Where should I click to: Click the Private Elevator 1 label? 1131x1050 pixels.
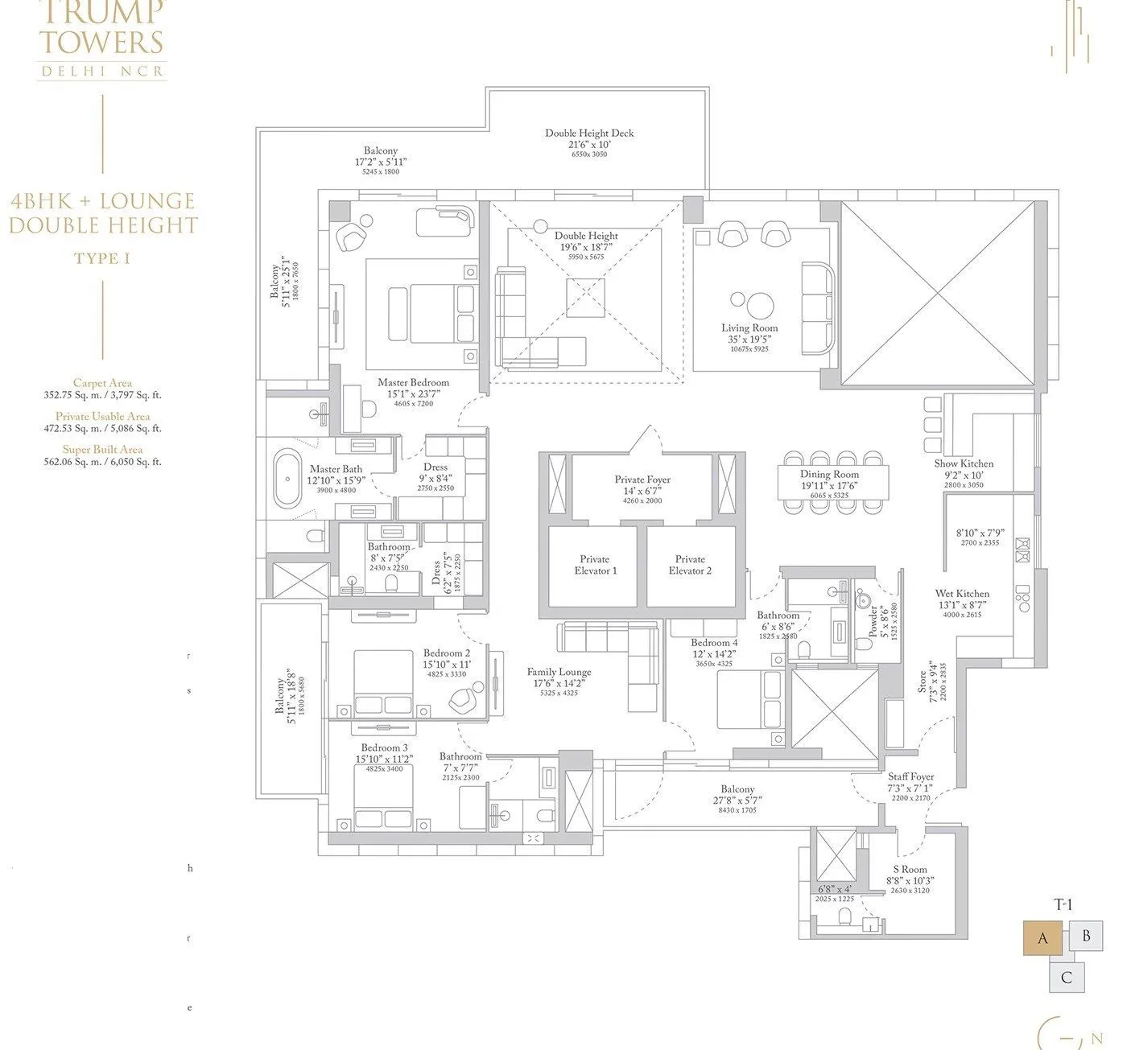pos(594,565)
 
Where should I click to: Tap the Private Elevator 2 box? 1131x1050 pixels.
pos(691,566)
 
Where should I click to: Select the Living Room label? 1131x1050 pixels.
pos(749,328)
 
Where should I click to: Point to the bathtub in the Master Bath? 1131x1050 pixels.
pos(287,480)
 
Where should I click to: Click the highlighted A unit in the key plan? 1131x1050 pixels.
pos(1043,938)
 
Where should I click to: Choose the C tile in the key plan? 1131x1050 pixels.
pos(1067,978)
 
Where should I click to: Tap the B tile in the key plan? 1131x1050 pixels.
pos(1086,937)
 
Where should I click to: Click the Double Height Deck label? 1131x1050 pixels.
pos(588,134)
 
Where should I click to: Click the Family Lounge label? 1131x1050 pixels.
pos(559,672)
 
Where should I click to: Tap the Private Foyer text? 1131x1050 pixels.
pos(642,480)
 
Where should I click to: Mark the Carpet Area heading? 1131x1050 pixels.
pos(102,384)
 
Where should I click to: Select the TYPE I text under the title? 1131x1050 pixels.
pos(102,258)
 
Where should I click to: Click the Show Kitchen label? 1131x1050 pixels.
pos(964,463)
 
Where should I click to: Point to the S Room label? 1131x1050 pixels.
pos(910,869)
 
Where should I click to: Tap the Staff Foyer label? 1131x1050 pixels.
pos(910,777)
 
